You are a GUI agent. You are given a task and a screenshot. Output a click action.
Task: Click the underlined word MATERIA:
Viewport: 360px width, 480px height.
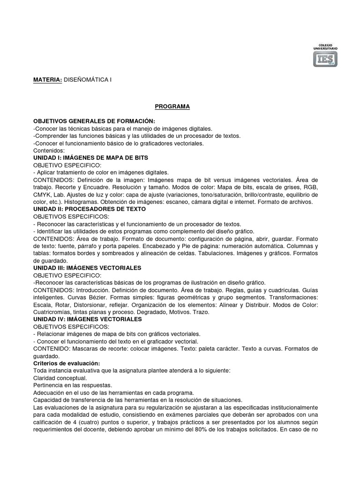tap(47, 80)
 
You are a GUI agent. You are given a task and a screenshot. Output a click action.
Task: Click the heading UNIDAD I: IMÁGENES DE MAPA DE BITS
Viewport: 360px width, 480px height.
tap(91, 158)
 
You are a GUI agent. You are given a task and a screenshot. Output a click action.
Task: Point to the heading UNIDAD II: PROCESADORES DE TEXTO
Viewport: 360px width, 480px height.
tap(90, 209)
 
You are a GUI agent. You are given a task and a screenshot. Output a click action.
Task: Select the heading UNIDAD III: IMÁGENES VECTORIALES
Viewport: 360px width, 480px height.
tap(87, 267)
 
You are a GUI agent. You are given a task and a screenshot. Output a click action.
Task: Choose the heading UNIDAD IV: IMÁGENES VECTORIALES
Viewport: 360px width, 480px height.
tap(87, 319)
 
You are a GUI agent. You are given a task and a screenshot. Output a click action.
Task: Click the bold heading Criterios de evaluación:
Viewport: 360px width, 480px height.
tap(67, 363)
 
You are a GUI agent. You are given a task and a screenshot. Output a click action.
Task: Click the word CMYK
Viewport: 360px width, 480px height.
tap(44, 195)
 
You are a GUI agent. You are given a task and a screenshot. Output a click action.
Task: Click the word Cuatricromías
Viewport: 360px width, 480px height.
tap(52, 312)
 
